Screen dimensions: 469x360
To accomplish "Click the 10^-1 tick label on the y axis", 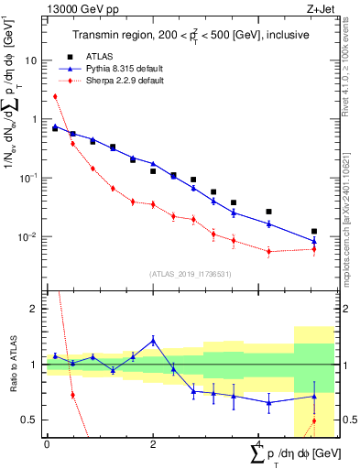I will pyautogui.click(x=29, y=178).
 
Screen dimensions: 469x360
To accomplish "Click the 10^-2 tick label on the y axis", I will pyautogui.click(x=29, y=237).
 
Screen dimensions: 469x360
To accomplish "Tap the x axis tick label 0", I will pyautogui.click(x=47, y=444).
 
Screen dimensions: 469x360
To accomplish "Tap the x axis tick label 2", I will pyautogui.click(x=153, y=444).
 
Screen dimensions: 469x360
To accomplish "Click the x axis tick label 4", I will pyautogui.click(x=259, y=444).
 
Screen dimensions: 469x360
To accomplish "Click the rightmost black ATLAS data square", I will pyautogui.click(x=314, y=232).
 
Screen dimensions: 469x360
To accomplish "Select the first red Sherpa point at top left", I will pyautogui.click(x=55, y=96).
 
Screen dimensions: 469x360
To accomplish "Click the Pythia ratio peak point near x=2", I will pyautogui.click(x=153, y=340).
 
